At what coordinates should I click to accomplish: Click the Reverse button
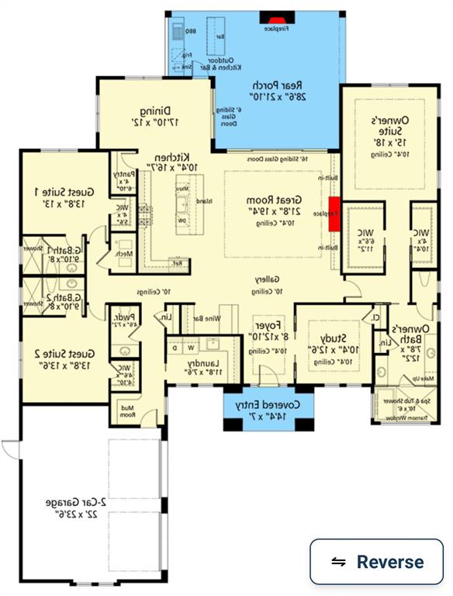click(377, 562)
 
